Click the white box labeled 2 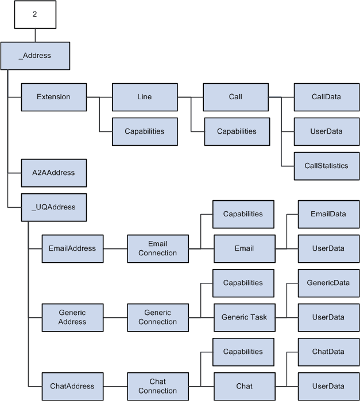35,14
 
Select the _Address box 35,56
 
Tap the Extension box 53,97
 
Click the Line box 145,97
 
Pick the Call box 235,97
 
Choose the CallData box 326,97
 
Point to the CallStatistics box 326,166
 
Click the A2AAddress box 53,173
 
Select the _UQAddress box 53,207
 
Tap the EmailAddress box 72,248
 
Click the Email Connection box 157,248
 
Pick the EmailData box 328,214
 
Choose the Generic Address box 72,317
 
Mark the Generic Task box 244,317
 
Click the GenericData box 328,283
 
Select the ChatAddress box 72,386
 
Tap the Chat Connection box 157,386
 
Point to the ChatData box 328,352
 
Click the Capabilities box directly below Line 145,131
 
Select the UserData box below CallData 326,131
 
